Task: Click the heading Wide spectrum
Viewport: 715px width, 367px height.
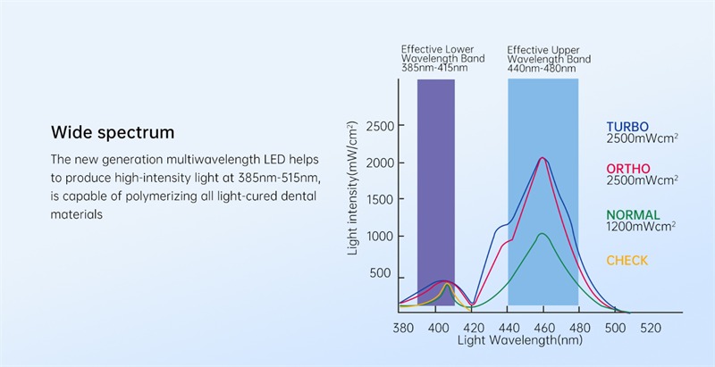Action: [113, 133]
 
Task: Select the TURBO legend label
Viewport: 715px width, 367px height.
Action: [627, 126]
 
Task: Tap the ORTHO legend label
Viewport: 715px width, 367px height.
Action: [628, 169]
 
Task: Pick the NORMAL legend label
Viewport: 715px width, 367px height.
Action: [634, 214]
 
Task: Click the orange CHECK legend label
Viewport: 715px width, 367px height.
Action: [627, 261]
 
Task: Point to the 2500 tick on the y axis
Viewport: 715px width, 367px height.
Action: [377, 126]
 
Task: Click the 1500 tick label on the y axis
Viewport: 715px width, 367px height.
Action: [377, 199]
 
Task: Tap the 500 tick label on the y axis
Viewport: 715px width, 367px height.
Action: [382, 272]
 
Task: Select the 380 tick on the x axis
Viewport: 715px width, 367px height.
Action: [403, 328]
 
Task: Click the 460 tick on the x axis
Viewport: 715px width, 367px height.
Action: [544, 328]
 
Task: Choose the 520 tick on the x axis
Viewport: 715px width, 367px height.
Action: [650, 328]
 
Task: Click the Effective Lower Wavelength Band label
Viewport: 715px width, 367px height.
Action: [437, 58]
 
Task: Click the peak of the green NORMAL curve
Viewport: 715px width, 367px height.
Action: [542, 234]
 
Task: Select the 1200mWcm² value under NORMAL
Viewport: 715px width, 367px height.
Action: [641, 227]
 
